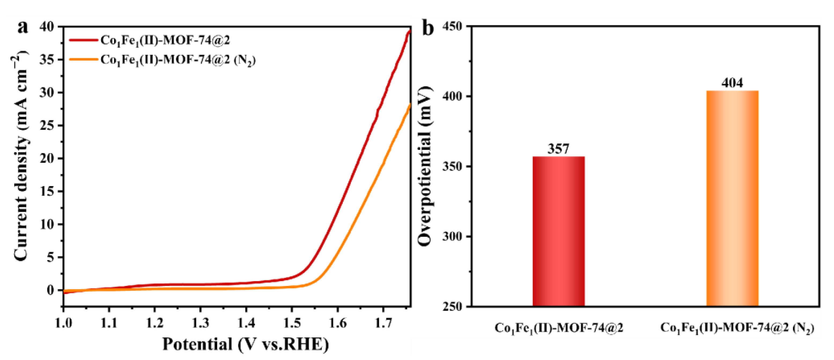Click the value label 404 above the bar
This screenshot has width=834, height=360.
pos(732,83)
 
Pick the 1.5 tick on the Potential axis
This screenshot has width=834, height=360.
pos(292,323)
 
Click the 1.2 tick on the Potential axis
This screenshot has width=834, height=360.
pos(155,323)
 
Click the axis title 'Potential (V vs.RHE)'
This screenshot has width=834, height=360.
pos(245,344)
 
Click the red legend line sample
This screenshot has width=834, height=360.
pos(83,40)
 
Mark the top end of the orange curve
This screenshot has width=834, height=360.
pos(410,105)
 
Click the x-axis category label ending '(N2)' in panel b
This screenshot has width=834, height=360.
pos(737,328)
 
